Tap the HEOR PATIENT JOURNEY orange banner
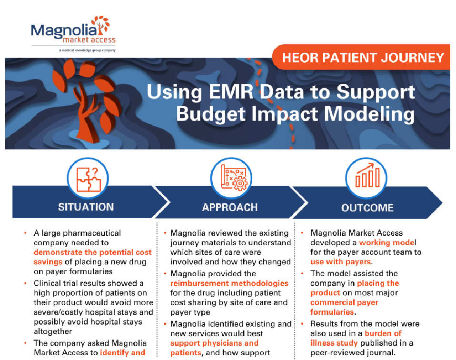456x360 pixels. click(x=363, y=58)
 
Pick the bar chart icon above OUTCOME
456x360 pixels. click(x=367, y=176)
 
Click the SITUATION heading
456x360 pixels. click(x=86, y=207)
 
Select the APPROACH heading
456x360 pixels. click(x=230, y=208)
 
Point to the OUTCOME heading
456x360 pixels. click(x=367, y=208)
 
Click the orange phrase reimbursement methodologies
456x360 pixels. click(x=229, y=283)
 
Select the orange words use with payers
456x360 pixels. click(x=340, y=261)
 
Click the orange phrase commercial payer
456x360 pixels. click(x=344, y=302)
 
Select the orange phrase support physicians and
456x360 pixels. click(x=214, y=343)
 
